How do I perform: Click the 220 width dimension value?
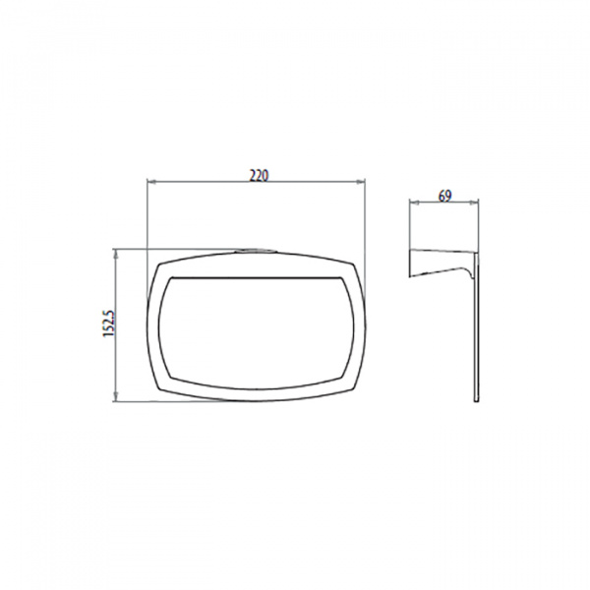point(260,175)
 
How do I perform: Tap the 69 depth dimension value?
point(444,196)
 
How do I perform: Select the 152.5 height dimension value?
point(109,324)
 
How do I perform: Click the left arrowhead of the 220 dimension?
point(151,183)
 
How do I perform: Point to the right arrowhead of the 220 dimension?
point(361,183)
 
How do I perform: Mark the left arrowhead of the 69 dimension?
point(414,203)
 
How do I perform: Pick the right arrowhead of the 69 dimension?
point(474,203)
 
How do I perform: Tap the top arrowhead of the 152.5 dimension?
point(116,254)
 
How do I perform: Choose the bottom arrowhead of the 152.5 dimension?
point(116,396)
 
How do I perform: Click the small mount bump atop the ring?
point(256,250)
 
